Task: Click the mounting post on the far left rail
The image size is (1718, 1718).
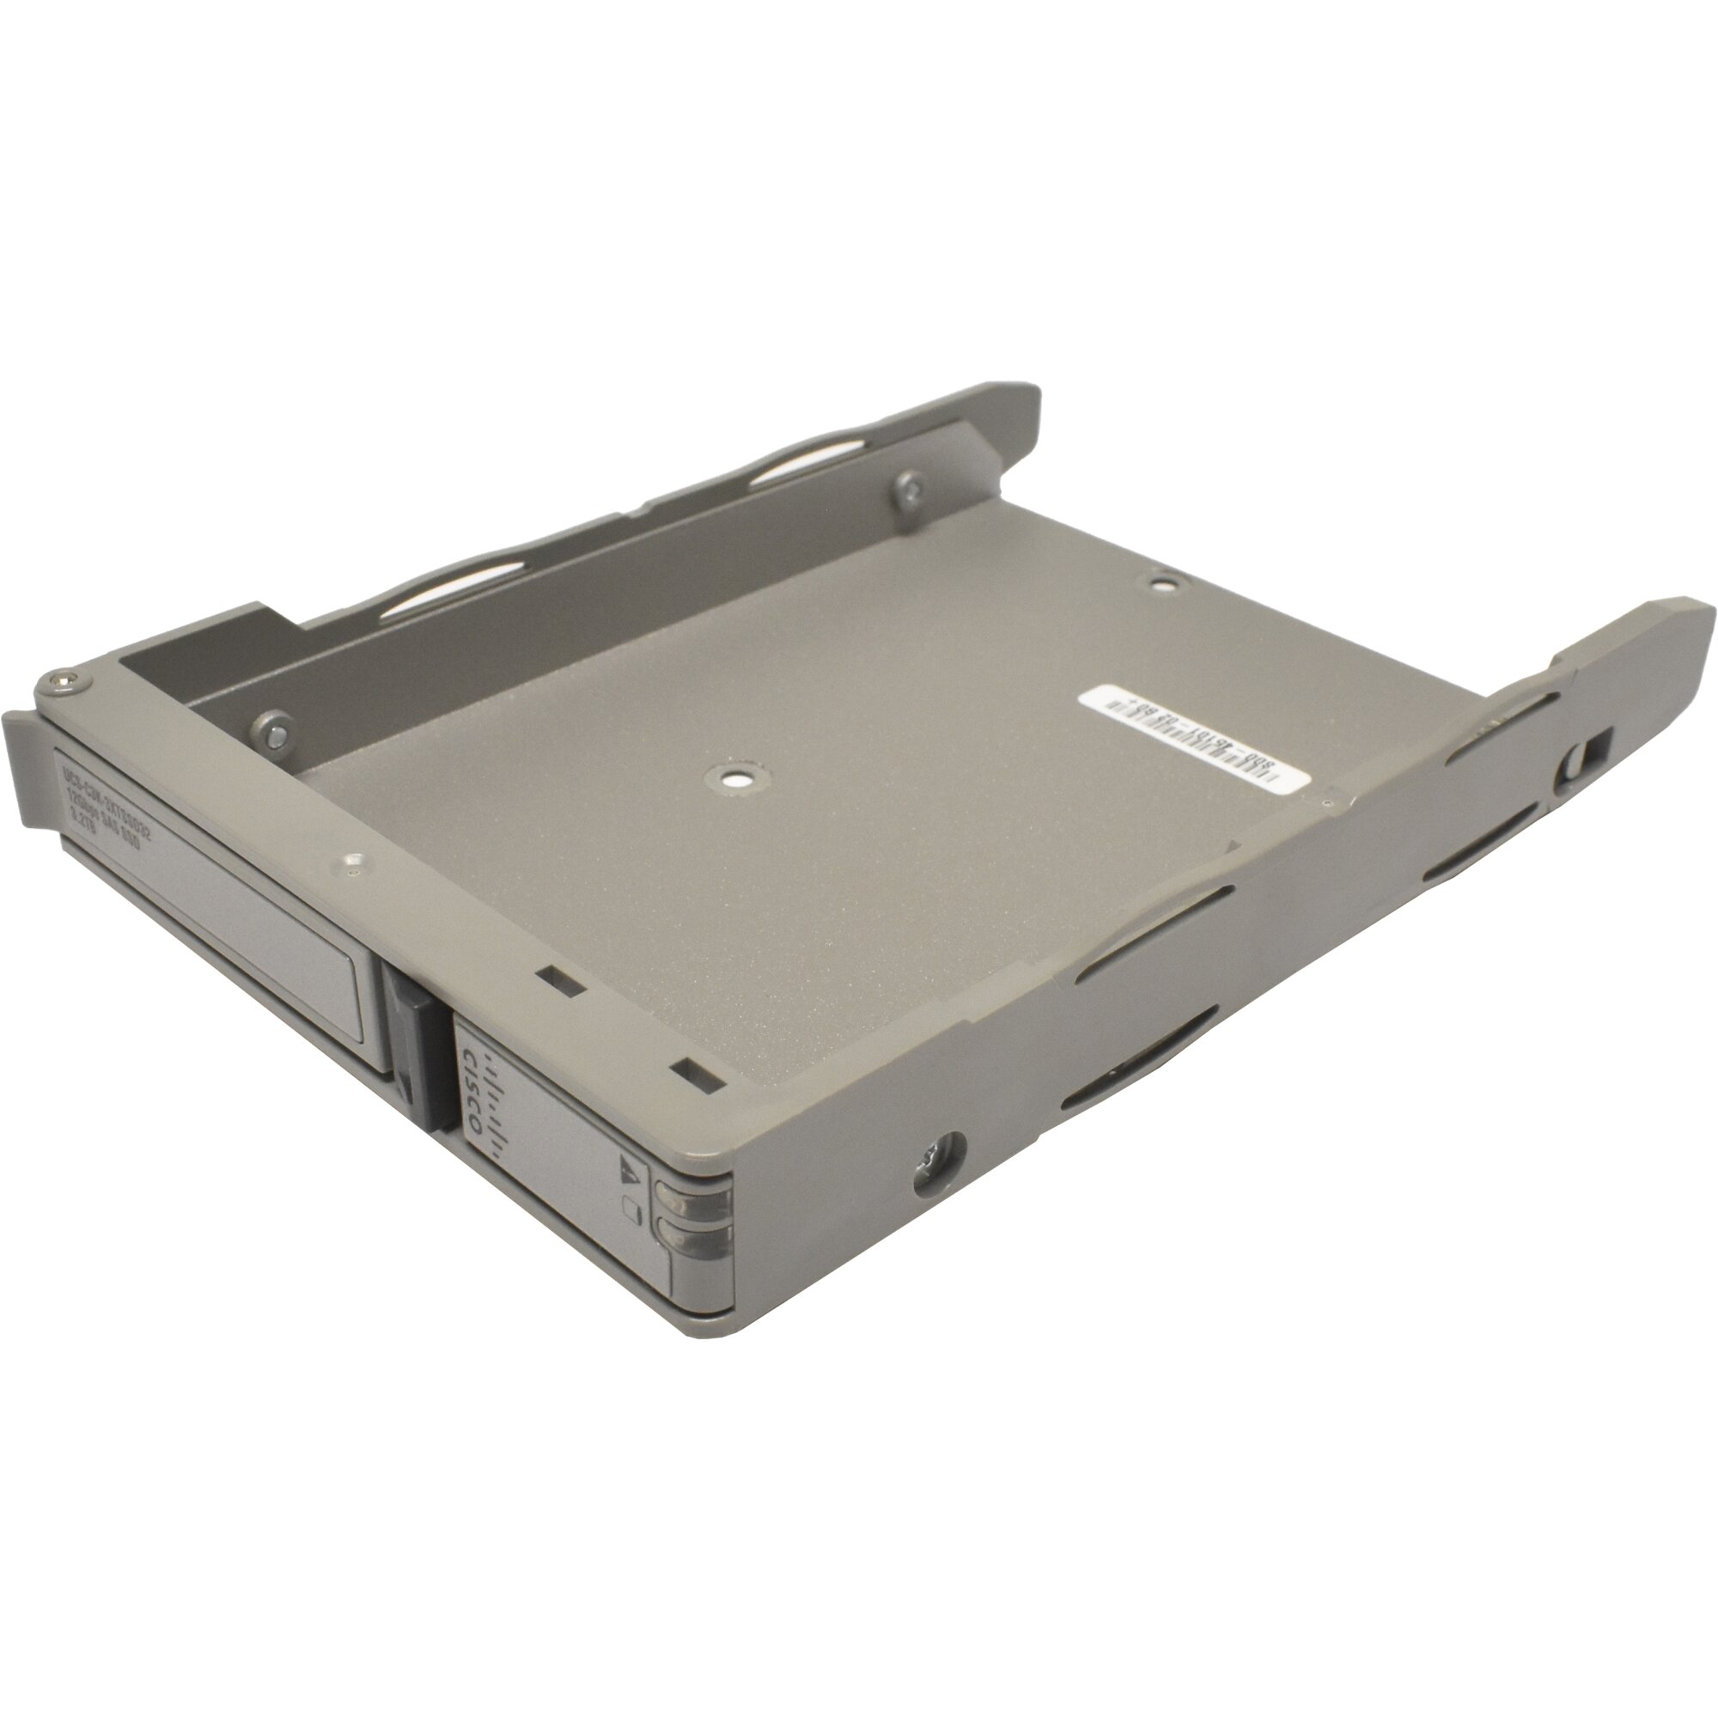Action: click(x=911, y=490)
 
